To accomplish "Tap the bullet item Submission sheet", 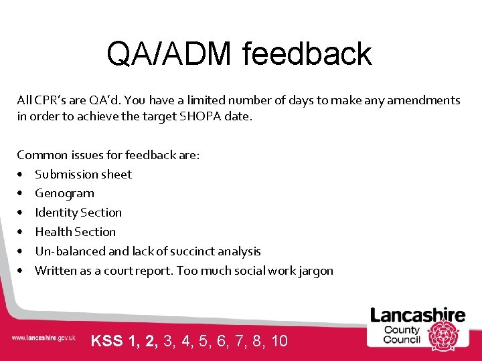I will click(83, 174).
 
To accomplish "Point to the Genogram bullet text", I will click(64, 194).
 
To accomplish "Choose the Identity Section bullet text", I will click(78, 213).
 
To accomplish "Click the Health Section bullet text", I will click(75, 232).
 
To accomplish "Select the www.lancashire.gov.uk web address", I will click(43, 338).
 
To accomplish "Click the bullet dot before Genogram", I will click(22, 194).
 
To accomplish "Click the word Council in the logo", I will click(402, 339).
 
